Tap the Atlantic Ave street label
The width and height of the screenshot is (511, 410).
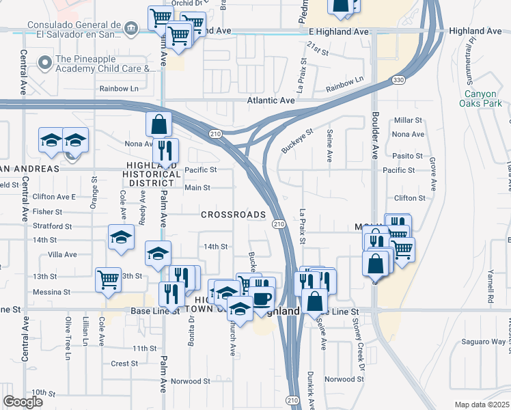(271, 100)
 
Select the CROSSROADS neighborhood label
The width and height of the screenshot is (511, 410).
(233, 215)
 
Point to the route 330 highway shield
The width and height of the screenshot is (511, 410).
(398, 81)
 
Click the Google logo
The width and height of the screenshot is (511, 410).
(23, 401)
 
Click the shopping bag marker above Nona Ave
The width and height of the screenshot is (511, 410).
(158, 124)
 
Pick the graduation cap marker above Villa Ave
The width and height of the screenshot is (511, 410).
(121, 237)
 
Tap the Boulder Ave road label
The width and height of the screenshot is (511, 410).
(374, 134)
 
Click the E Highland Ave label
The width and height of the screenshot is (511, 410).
(338, 31)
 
